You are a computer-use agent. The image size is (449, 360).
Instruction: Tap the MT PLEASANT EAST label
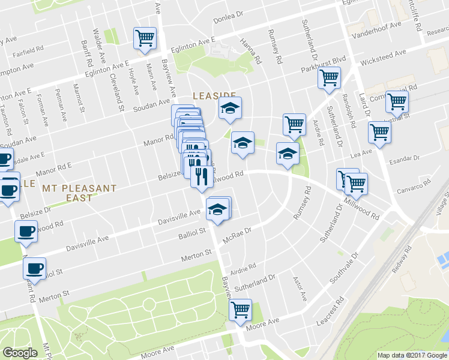[79, 193]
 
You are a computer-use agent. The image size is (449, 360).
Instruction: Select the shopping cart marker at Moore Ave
[240, 310]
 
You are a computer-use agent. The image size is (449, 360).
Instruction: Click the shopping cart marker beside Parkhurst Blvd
[329, 78]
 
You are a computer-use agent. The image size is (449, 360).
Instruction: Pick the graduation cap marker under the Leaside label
[229, 109]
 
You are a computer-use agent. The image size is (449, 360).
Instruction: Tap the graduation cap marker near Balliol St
[217, 209]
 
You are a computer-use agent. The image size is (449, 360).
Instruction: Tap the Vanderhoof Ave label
[379, 28]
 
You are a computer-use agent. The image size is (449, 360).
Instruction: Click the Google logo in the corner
[20, 353]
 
